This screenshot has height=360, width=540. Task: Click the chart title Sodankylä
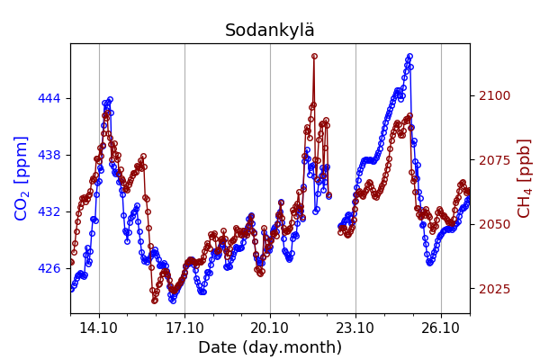click(270, 31)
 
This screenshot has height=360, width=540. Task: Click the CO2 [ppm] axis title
click(22, 178)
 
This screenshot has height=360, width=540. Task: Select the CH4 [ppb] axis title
click(524, 178)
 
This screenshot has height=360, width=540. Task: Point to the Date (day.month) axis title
click(270, 347)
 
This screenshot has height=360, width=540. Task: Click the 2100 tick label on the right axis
click(494, 95)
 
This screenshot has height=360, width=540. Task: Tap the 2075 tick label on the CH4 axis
click(494, 160)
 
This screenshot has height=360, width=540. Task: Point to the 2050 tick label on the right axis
click(494, 224)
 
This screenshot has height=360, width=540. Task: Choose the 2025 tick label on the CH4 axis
click(494, 289)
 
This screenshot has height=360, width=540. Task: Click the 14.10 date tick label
click(99, 328)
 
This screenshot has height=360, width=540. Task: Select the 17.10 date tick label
click(184, 328)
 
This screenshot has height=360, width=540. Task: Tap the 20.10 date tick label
click(270, 328)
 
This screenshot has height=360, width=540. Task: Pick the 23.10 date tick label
click(355, 328)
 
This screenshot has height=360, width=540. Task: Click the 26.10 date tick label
click(441, 328)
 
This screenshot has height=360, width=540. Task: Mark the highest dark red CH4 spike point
click(314, 56)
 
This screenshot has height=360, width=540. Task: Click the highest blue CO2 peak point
click(409, 57)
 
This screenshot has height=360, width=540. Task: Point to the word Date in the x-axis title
click(217, 347)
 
